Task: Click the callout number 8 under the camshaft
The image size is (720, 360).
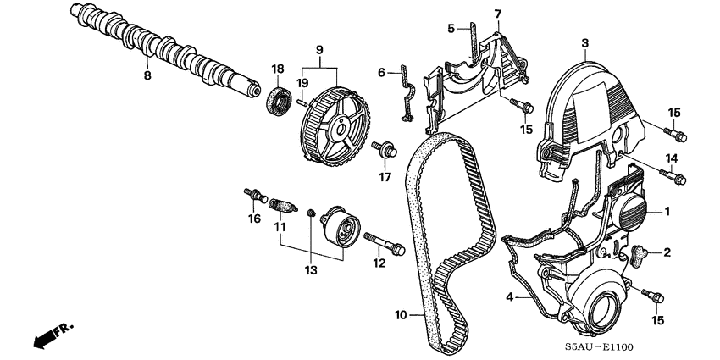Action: (147, 75)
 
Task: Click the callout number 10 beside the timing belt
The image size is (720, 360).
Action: (402, 315)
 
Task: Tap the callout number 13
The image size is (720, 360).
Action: (310, 270)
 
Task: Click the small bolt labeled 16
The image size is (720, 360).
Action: (252, 196)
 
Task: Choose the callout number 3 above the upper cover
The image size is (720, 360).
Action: (584, 42)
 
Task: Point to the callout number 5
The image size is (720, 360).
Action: (451, 28)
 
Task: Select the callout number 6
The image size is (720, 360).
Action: (381, 72)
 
